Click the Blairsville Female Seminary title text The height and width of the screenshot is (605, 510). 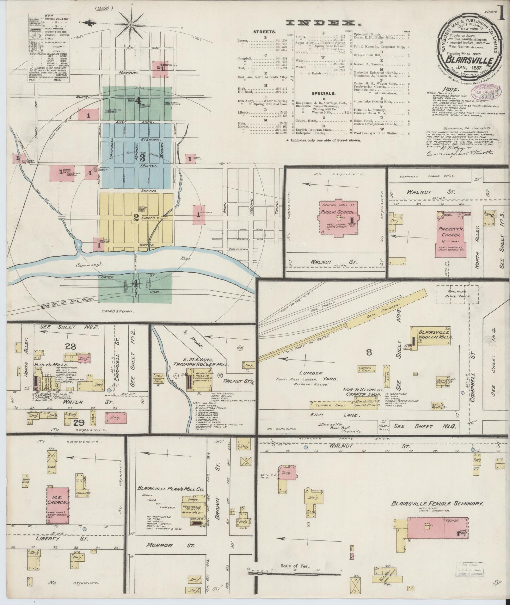pos(438,503)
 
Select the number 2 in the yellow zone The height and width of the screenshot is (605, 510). pos(136,218)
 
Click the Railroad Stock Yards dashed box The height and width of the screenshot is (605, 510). pos(454,294)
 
